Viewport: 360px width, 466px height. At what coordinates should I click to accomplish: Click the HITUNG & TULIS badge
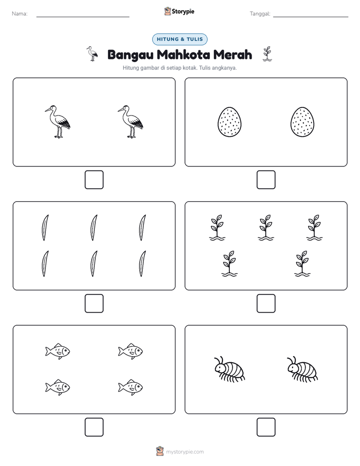(x=179, y=39)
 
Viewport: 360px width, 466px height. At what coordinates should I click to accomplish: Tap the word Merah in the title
(x=232, y=54)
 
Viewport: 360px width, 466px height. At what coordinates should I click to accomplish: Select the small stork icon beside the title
(x=92, y=54)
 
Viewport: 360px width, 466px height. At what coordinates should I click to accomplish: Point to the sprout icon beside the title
(x=267, y=54)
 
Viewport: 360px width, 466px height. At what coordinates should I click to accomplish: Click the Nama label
(x=20, y=14)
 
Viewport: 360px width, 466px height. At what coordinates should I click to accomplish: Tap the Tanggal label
(x=260, y=14)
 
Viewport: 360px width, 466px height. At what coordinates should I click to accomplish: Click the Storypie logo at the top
(x=179, y=11)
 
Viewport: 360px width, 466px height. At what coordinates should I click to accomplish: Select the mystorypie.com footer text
(x=185, y=452)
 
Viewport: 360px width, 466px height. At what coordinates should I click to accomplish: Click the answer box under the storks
(x=94, y=180)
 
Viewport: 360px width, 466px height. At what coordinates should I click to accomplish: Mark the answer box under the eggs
(x=266, y=180)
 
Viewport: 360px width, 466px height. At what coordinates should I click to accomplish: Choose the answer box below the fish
(x=94, y=427)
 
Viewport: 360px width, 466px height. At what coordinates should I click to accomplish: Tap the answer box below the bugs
(x=266, y=427)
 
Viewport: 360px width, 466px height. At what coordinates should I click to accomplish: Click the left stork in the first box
(x=57, y=122)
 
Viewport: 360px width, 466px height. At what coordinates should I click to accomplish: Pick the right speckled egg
(x=303, y=122)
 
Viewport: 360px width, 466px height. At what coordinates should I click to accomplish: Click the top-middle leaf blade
(x=94, y=227)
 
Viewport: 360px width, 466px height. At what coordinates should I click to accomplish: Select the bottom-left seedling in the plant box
(x=229, y=264)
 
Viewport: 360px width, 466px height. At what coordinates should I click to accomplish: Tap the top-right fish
(x=131, y=352)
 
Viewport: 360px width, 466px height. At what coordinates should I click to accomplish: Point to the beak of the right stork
(x=121, y=110)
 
